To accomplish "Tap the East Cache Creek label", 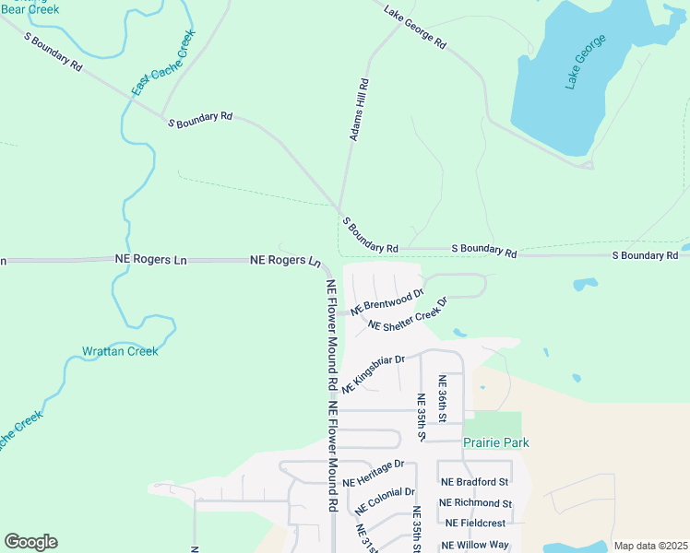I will point(163,63).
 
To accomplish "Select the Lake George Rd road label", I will point(415,30).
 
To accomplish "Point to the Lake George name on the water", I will point(586,62).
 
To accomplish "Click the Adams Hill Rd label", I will point(359,110).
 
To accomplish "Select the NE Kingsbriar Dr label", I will point(374,374).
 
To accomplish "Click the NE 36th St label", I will point(443,399).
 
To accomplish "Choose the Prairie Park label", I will point(496,442).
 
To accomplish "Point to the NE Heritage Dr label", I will point(374,474).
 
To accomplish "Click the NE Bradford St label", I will point(474,482).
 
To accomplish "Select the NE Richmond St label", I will point(475,503).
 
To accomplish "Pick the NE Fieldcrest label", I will point(477,524).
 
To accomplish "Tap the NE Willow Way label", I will point(475,545).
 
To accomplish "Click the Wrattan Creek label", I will point(120,351).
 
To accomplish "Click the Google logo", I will point(30,542).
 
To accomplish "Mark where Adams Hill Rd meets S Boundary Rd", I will point(340,210).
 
